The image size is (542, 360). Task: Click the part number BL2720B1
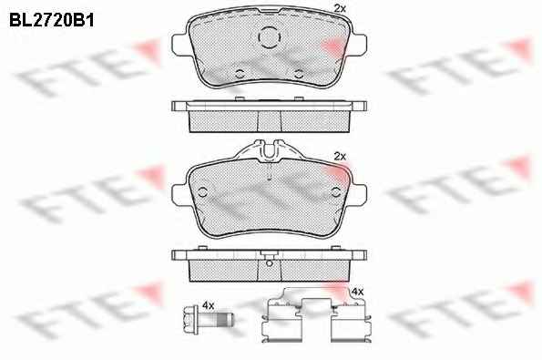(x=52, y=20)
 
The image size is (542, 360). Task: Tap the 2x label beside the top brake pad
(x=340, y=8)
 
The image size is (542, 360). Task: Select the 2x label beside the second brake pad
(x=340, y=157)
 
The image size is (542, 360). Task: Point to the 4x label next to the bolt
(x=208, y=305)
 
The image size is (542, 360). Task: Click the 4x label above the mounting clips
(x=357, y=292)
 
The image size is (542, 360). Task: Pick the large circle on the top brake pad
(x=270, y=37)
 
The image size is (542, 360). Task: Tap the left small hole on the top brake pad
(x=240, y=74)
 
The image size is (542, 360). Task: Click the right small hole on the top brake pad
(x=299, y=74)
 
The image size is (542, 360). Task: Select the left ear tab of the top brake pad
(x=179, y=45)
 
